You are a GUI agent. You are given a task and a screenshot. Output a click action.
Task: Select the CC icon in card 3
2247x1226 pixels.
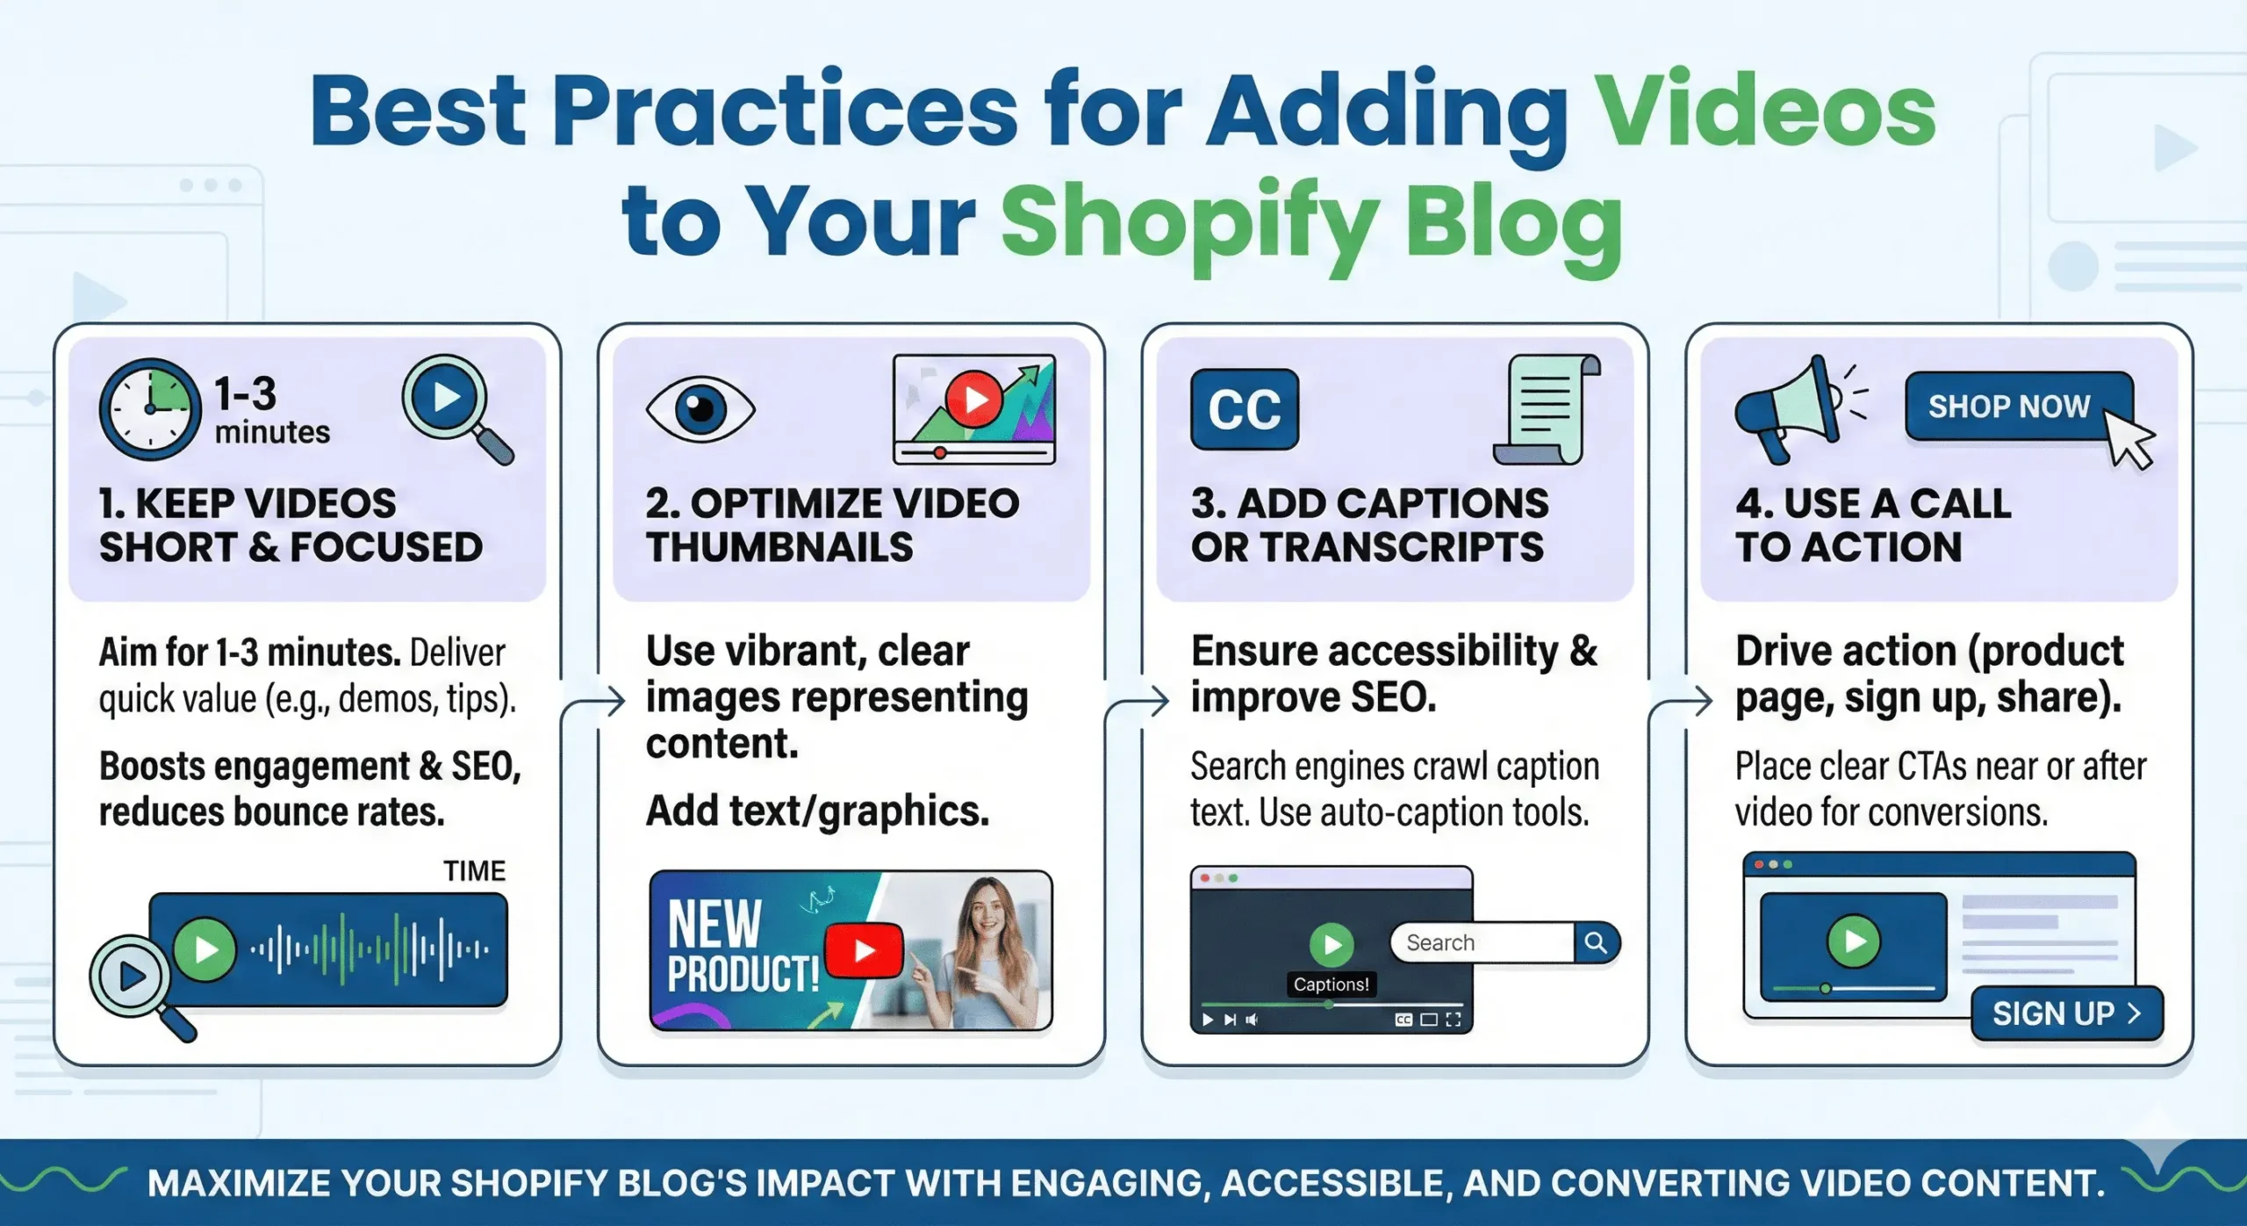click(x=1244, y=409)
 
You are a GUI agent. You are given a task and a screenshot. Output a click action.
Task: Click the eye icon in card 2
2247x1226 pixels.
click(x=700, y=409)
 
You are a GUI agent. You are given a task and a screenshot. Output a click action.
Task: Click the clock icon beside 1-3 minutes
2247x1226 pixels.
click(x=149, y=409)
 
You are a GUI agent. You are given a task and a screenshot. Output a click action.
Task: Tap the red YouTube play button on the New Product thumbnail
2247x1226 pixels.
click(x=864, y=950)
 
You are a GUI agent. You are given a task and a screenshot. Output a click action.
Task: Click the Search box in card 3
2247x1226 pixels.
click(x=1483, y=942)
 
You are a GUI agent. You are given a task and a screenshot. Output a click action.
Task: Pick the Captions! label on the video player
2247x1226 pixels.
click(x=1331, y=984)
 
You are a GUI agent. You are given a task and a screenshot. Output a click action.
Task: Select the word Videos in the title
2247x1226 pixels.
click(x=1764, y=112)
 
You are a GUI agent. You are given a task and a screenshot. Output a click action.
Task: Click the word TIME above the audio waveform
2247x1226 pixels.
click(x=474, y=870)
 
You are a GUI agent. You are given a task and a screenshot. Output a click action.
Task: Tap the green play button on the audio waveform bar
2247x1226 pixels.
click(x=205, y=949)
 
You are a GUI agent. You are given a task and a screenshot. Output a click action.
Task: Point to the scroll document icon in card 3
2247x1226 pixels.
click(x=1547, y=409)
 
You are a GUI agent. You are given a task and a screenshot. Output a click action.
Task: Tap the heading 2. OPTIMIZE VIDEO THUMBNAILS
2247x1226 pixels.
click(x=832, y=525)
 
